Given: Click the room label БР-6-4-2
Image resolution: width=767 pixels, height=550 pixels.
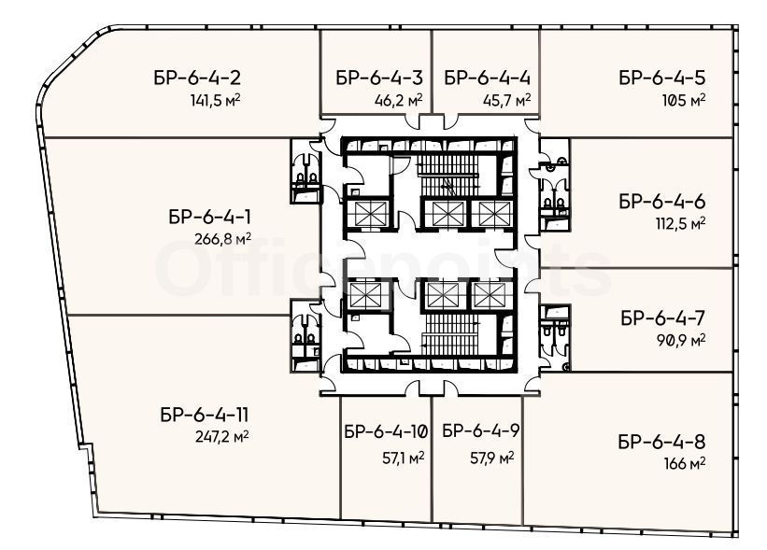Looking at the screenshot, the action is [197, 78].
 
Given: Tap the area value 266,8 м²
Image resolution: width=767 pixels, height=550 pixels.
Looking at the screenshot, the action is [222, 239].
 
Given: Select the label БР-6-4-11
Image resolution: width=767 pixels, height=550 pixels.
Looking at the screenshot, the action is [204, 415].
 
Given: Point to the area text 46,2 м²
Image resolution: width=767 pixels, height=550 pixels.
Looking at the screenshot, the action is [399, 100].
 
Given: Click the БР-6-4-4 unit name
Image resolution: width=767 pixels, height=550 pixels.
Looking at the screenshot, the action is [488, 78].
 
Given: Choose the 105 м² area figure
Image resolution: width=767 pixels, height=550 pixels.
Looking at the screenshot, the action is [684, 100].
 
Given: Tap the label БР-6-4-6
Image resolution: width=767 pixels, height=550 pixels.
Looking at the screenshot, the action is [662, 202].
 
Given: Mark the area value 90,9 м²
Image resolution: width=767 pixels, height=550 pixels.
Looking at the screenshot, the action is [681, 340].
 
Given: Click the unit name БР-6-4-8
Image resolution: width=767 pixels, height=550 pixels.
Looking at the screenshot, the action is [661, 442].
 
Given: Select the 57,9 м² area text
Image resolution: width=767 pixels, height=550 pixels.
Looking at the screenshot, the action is [492, 458].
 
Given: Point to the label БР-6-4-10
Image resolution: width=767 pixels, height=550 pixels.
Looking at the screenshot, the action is [386, 431].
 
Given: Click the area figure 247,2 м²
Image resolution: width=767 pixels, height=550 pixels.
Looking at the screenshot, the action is [221, 435].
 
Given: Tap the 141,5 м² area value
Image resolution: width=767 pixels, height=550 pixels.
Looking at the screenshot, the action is [215, 100].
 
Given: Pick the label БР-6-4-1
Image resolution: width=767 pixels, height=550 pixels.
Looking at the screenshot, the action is [210, 217].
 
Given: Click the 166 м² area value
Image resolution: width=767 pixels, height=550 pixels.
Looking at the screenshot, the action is [685, 463].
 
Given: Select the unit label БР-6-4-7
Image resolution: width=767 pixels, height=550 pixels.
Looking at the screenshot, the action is [663, 318].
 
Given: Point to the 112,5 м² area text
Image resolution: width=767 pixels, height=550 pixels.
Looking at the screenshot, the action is [681, 223].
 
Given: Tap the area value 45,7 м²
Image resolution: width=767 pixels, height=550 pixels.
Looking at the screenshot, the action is [506, 100].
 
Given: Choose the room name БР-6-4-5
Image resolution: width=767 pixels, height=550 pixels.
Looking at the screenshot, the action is [662, 78].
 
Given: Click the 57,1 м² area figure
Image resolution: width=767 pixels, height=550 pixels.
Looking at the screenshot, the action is [403, 458].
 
